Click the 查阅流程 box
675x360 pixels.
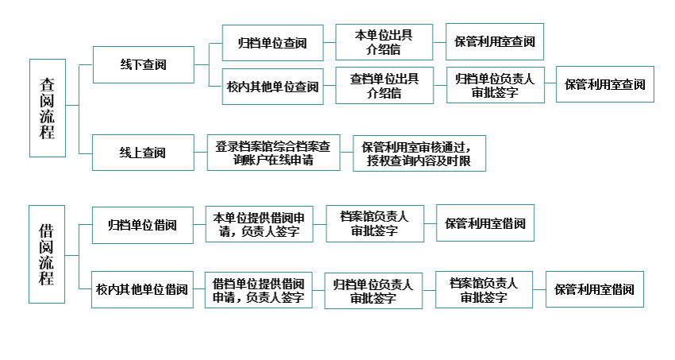47,107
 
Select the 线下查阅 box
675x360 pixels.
143,64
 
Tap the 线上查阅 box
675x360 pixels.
143,153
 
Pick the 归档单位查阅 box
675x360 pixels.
272,42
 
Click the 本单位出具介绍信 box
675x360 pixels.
384,42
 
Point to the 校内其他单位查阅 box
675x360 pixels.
272,86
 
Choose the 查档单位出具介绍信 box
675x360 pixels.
384,86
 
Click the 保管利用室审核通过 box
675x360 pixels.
418,153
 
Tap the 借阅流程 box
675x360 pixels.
47,254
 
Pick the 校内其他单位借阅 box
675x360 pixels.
142,289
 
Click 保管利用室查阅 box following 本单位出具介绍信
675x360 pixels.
495,42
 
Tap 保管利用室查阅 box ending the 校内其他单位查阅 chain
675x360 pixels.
605,84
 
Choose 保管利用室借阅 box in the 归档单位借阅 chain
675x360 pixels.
485,223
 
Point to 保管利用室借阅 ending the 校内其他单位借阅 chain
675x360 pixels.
594,289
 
